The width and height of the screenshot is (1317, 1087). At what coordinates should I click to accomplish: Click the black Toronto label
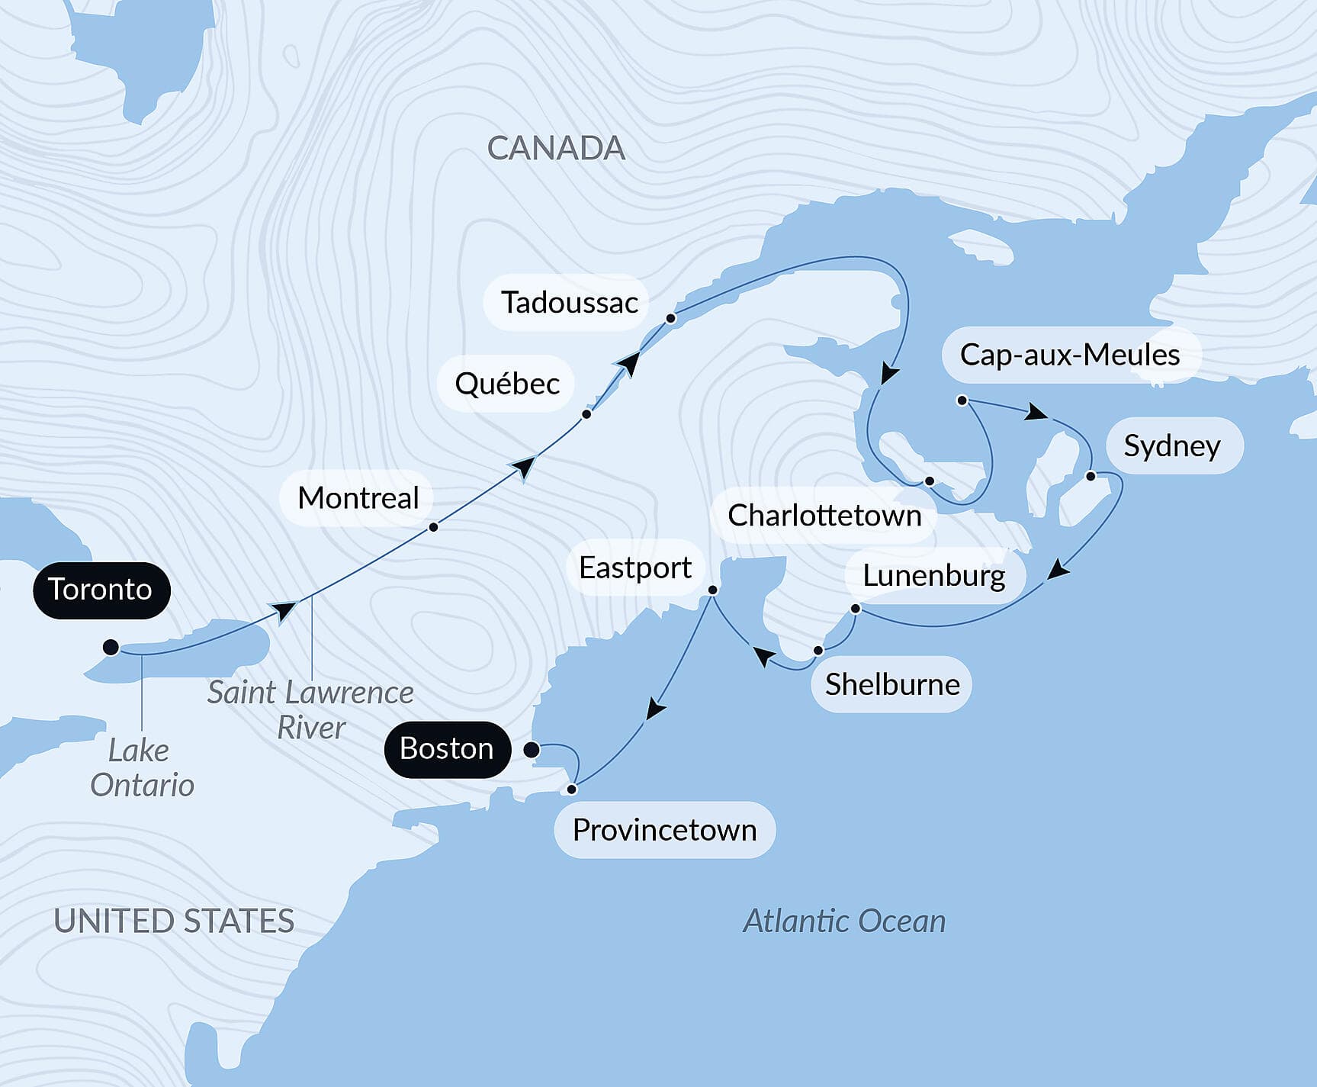(x=101, y=590)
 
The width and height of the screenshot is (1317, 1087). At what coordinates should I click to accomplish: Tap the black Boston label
(x=447, y=749)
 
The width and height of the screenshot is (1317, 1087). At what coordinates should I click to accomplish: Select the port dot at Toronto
(x=111, y=648)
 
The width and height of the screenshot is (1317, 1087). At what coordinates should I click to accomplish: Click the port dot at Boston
(x=532, y=750)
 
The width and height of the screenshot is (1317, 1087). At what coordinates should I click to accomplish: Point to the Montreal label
(x=358, y=498)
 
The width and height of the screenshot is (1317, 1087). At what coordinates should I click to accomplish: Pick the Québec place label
(x=506, y=384)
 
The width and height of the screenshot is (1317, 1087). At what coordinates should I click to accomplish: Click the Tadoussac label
(x=569, y=303)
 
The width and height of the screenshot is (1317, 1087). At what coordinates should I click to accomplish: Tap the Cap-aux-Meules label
(x=1069, y=355)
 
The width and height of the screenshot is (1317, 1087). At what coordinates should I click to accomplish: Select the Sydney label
(x=1171, y=446)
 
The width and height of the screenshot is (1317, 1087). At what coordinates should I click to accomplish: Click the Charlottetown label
(x=824, y=516)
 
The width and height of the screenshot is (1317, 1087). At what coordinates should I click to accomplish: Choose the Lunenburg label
(x=933, y=576)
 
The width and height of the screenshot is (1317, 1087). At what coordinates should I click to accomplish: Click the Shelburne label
(x=891, y=684)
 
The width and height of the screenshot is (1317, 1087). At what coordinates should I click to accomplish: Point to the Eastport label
(x=634, y=568)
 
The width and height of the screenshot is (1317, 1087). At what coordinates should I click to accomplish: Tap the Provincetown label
(x=663, y=830)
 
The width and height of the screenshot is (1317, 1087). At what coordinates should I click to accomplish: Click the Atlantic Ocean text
(x=844, y=921)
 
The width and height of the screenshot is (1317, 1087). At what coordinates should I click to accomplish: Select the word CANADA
(x=556, y=149)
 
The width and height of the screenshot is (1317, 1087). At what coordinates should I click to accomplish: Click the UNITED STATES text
(x=174, y=921)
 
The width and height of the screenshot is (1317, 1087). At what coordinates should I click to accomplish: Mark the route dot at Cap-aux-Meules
(x=962, y=400)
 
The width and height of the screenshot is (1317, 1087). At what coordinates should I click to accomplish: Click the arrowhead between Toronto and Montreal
(x=284, y=610)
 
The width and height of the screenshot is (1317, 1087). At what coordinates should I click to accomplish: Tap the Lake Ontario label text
(x=142, y=767)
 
